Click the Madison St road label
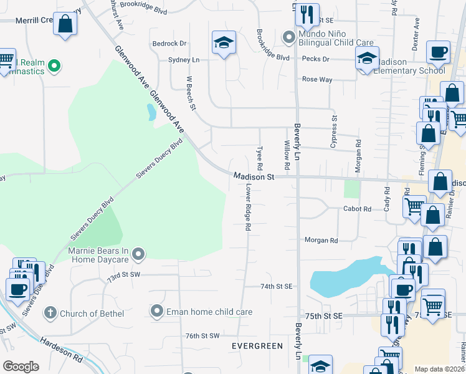(x=254, y=177)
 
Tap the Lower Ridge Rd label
(x=247, y=208)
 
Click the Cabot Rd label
(x=357, y=209)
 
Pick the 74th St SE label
(x=276, y=286)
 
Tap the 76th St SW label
(x=202, y=335)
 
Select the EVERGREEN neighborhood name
(x=257, y=345)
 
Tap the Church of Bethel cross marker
(x=50, y=312)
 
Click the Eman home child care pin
(x=157, y=310)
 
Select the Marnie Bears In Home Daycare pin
(x=138, y=253)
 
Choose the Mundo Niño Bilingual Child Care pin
(x=288, y=37)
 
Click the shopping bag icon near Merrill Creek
(x=65, y=25)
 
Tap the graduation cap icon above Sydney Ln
(x=223, y=43)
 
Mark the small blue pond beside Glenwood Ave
(x=151, y=113)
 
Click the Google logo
(x=21, y=367)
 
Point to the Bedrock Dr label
(x=169, y=44)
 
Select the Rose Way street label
(x=316, y=80)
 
